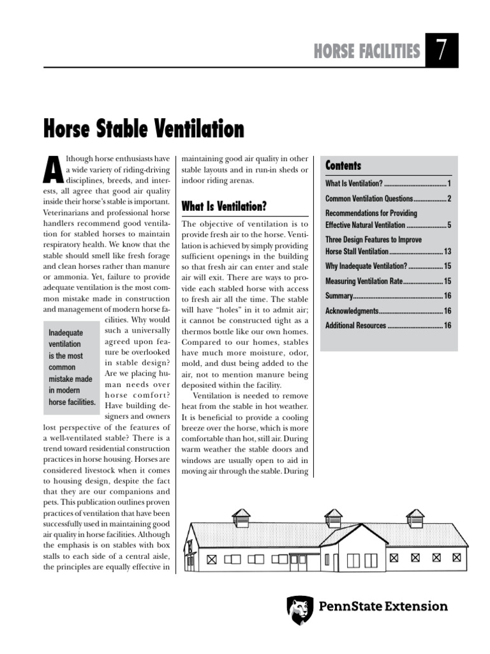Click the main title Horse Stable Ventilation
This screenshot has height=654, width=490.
(x=144, y=129)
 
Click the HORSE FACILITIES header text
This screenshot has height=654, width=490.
(x=367, y=52)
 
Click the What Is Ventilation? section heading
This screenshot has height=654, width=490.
(x=223, y=206)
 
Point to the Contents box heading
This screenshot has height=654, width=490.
(x=343, y=166)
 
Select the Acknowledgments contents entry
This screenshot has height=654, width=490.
(x=352, y=310)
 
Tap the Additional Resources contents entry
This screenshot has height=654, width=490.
(x=355, y=326)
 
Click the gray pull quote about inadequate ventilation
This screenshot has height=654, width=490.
(x=71, y=367)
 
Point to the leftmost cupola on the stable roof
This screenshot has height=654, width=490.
(x=241, y=517)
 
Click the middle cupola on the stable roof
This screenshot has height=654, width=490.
(x=333, y=517)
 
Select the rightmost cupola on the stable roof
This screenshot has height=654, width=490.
(x=415, y=517)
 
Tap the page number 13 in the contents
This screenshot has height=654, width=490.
(x=447, y=251)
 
